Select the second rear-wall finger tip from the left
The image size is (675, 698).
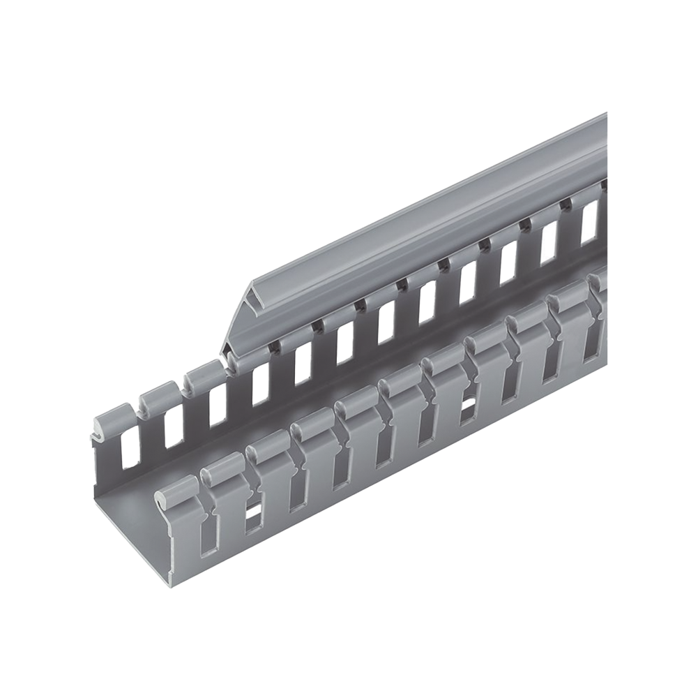[x=155, y=396]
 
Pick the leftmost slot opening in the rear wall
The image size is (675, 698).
[x=128, y=450]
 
